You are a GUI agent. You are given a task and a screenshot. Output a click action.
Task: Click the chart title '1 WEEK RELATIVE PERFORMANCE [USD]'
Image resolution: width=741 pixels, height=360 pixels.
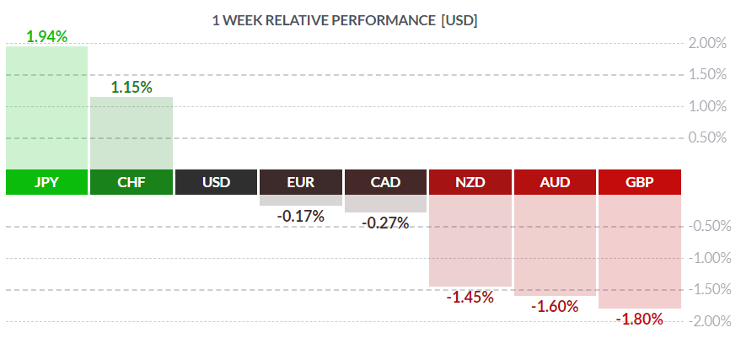tap(345, 20)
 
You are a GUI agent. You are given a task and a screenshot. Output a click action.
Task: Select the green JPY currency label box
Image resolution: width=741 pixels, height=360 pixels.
tap(46, 182)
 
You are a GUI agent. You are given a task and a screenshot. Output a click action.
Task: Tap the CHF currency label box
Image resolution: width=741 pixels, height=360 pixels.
tap(132, 182)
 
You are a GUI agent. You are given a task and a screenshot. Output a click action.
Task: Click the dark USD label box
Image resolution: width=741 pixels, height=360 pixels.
tap(216, 182)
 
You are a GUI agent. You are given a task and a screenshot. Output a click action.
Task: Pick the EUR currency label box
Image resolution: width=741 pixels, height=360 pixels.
tap(301, 182)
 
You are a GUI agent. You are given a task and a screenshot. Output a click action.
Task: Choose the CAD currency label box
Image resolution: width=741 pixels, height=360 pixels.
tap(385, 182)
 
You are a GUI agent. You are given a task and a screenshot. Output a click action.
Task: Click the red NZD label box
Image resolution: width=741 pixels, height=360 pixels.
tap(470, 182)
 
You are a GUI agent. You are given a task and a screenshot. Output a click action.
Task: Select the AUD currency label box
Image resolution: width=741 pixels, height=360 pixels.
tap(555, 182)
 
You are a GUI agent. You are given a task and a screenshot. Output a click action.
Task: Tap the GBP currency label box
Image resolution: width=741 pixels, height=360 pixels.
tap(640, 182)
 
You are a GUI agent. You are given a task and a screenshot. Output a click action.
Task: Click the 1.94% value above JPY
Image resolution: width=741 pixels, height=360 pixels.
tap(46, 36)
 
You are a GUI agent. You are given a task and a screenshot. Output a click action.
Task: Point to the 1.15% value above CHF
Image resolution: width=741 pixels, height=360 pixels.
tap(132, 86)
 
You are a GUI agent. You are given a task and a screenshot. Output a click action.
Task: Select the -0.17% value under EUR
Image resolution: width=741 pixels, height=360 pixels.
tap(301, 216)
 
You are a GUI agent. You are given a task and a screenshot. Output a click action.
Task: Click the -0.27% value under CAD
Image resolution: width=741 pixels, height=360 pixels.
tap(385, 223)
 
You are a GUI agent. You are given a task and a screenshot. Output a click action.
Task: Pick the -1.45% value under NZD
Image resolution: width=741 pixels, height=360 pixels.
tap(470, 297)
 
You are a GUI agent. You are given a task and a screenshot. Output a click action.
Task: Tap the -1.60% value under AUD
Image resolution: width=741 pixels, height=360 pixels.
tap(555, 307)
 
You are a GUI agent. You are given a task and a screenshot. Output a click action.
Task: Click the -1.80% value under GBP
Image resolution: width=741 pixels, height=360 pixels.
tap(640, 320)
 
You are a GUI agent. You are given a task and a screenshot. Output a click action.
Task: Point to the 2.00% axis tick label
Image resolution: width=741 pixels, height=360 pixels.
tap(708, 43)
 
